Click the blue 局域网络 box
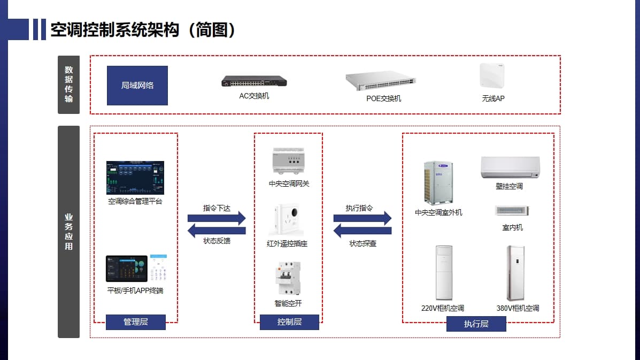(137, 86)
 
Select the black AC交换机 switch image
(254, 81)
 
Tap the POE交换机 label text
(383, 98)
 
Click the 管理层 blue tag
(136, 322)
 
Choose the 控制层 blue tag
(289, 322)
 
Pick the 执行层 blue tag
(476, 324)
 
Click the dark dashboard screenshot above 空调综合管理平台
(135, 178)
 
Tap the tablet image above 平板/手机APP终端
(127, 269)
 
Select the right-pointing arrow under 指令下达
(217, 218)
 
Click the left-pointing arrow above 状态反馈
(217, 231)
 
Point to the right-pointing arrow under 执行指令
(363, 218)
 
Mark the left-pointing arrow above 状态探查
(363, 231)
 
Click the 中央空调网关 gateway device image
(289, 161)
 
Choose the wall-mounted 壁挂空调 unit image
(510, 167)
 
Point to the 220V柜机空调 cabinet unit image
(444, 273)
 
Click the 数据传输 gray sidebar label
(68, 85)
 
